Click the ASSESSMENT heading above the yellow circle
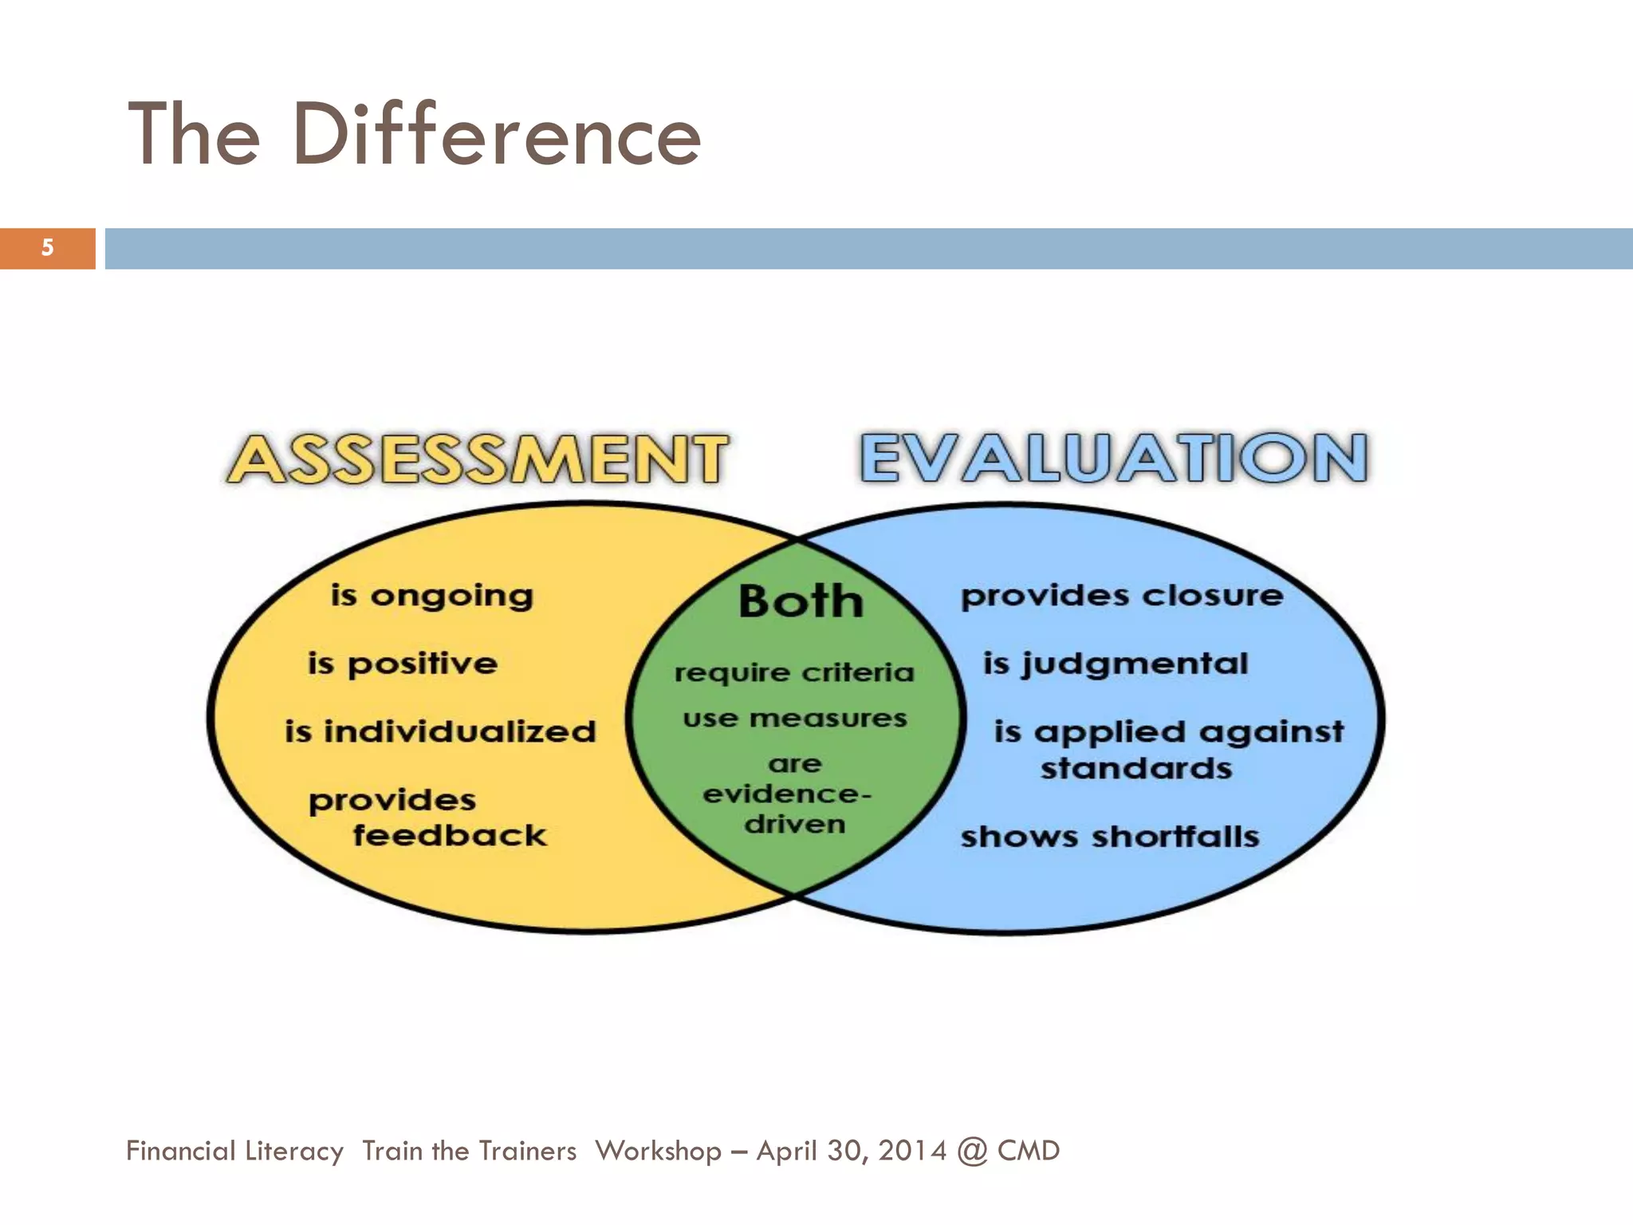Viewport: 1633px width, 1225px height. (478, 459)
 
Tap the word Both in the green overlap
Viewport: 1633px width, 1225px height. (801, 601)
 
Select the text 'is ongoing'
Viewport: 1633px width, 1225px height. (432, 596)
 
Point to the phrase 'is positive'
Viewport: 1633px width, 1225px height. (403, 664)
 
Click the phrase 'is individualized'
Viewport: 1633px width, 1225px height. (440, 731)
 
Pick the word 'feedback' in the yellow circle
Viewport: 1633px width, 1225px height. (450, 836)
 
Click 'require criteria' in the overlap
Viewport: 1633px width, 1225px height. (794, 672)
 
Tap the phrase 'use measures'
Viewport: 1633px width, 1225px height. (795, 719)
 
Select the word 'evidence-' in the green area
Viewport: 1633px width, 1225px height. (787, 794)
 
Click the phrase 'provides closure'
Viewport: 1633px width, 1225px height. (1122, 596)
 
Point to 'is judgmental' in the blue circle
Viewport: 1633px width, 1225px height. (1116, 664)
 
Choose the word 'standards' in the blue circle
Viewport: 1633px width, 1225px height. (1136, 769)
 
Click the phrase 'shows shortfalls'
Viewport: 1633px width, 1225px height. (1110, 837)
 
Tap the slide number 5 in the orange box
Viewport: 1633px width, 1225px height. (48, 248)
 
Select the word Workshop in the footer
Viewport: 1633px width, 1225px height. (658, 1151)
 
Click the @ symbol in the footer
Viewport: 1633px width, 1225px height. (972, 1152)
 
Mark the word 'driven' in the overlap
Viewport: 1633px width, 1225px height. (795, 824)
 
